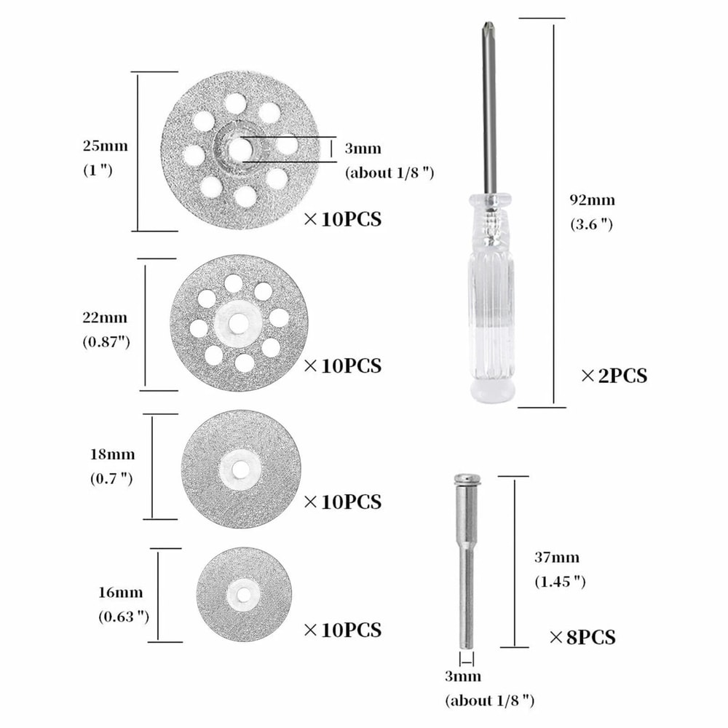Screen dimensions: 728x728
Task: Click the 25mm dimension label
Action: [x=105, y=146]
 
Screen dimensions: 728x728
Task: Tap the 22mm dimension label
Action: [x=105, y=318]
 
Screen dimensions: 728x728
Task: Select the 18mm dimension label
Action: [x=111, y=454]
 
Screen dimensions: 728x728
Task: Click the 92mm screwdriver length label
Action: [x=593, y=199]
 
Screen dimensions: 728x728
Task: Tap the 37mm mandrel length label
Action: [x=557, y=558]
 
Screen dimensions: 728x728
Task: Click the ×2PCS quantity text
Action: [x=614, y=376]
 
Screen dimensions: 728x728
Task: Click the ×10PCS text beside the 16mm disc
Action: [x=341, y=629]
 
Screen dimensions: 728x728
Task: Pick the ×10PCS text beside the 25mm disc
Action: [x=341, y=218]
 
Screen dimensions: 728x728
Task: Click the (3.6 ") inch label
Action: [x=591, y=224]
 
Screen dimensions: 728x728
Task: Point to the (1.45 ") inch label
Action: [x=560, y=582]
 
